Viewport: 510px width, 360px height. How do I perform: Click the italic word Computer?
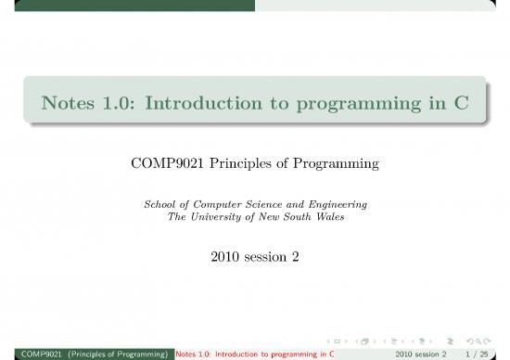coord(221,204)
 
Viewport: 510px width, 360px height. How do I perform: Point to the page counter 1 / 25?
coord(483,354)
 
